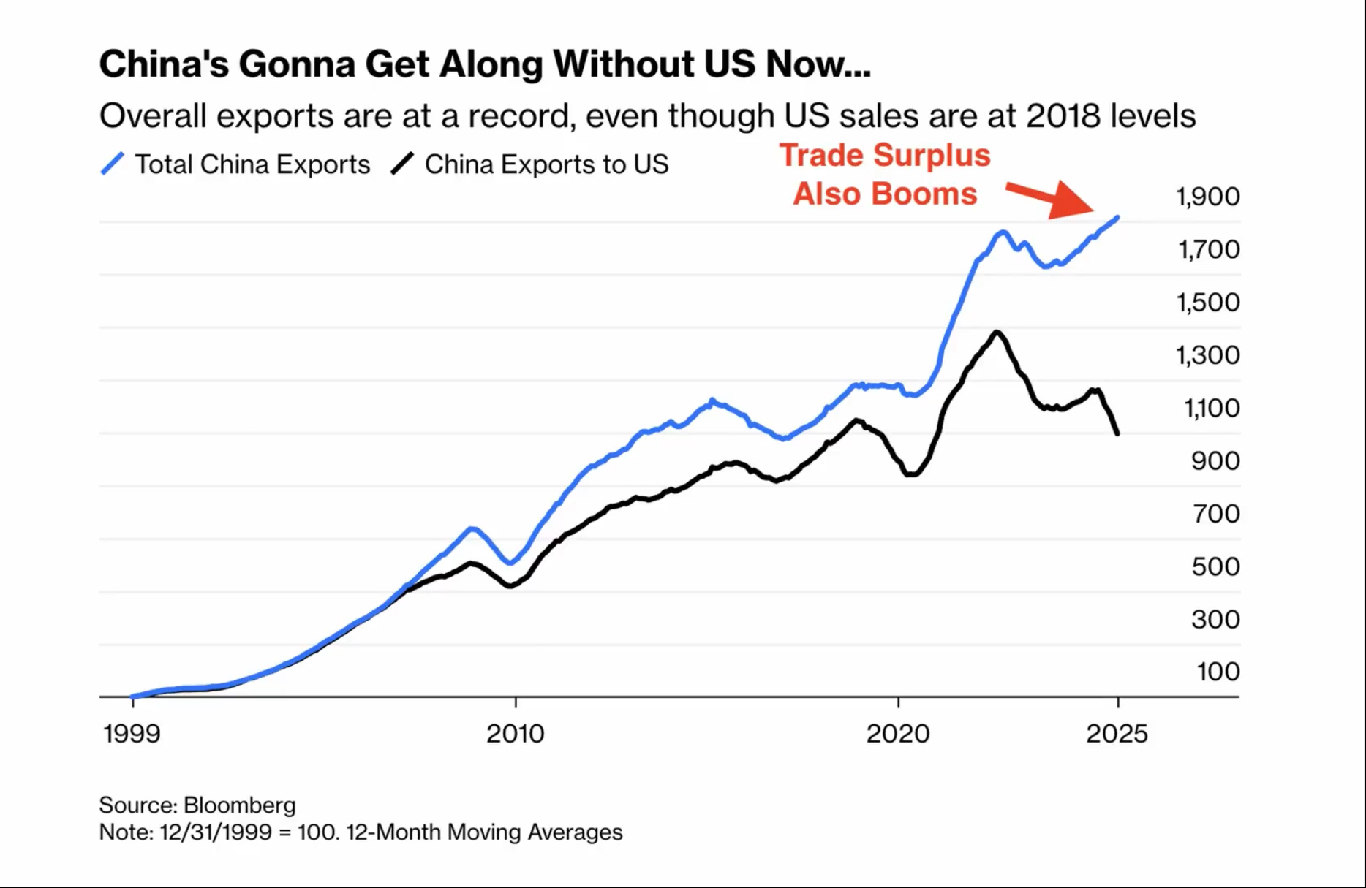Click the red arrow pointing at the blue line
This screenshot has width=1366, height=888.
click(1050, 200)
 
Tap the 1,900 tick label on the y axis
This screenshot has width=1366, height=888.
click(1207, 197)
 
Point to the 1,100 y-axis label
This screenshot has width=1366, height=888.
click(1211, 408)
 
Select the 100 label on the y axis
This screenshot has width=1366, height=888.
click(1218, 672)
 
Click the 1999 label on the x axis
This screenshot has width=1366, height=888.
click(132, 733)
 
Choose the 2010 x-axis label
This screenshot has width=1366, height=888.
click(516, 733)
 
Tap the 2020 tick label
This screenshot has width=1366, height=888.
click(898, 733)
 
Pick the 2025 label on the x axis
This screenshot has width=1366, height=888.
click(1117, 733)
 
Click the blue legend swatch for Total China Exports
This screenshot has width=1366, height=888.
click(112, 164)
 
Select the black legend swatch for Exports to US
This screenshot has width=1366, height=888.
click(402, 164)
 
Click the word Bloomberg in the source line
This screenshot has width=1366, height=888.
click(239, 805)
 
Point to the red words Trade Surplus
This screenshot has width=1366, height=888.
click(884, 155)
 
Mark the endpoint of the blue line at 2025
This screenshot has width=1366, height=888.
click(1117, 217)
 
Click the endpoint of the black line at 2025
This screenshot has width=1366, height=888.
click(1117, 433)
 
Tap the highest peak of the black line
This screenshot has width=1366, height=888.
click(997, 333)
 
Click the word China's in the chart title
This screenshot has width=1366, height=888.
click(162, 64)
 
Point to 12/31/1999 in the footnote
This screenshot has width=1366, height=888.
click(216, 832)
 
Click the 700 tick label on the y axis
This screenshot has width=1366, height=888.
click(1215, 514)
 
